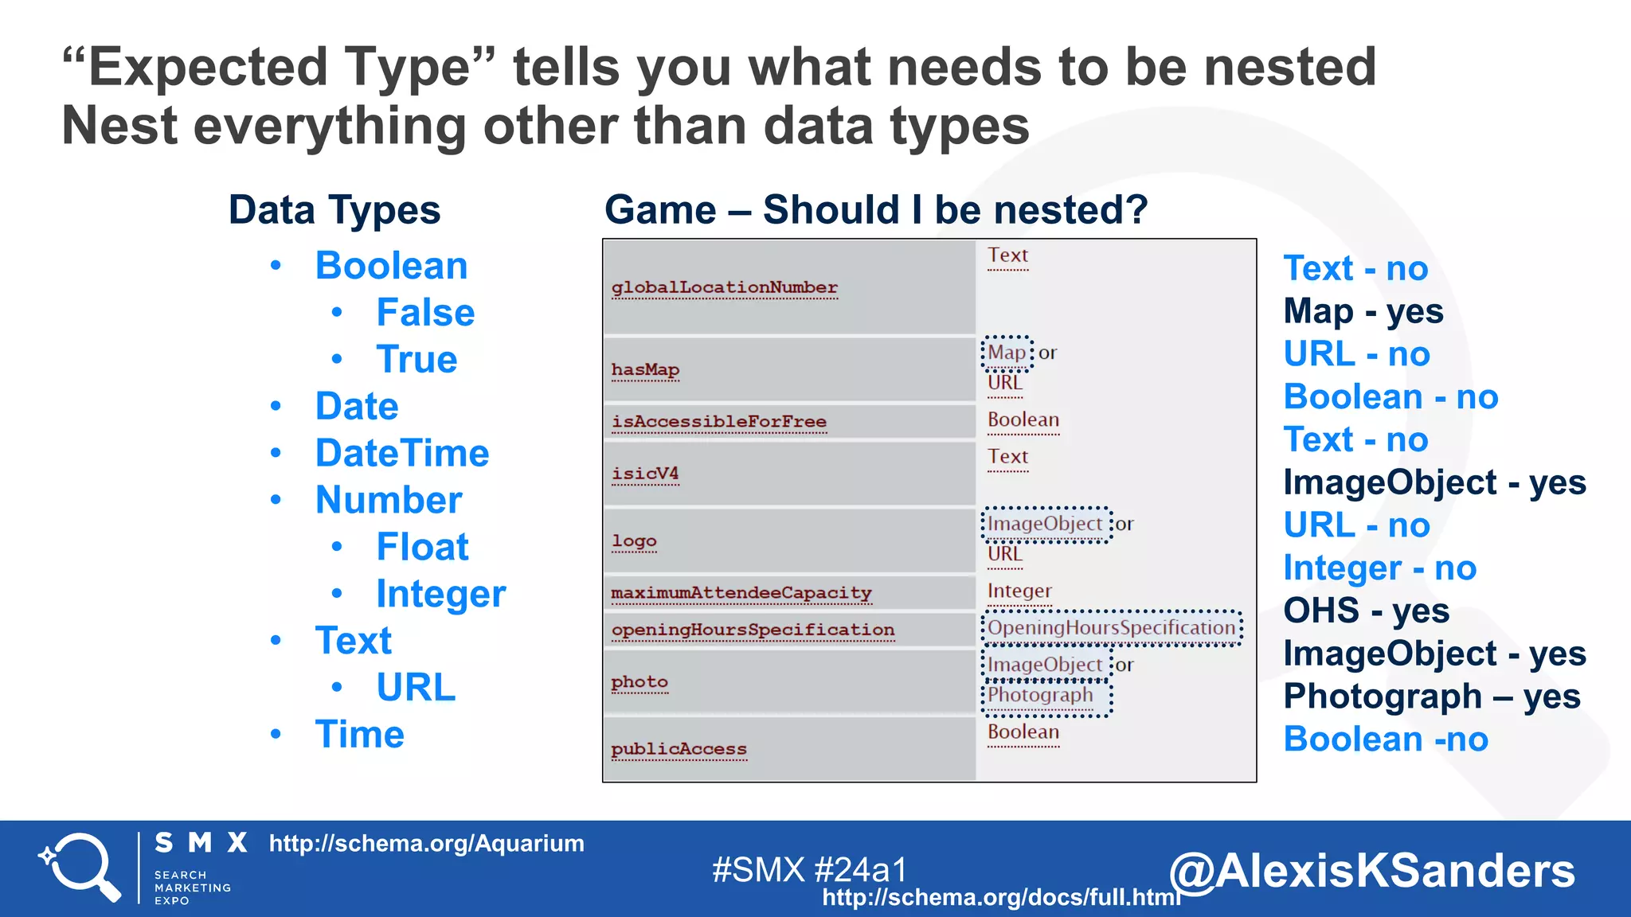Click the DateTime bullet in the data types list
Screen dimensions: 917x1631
pyautogui.click(x=401, y=454)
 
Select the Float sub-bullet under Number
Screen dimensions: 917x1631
pyautogui.click(x=422, y=548)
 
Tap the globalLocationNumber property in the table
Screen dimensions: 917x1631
pyautogui.click(x=724, y=287)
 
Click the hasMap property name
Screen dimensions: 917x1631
pyautogui.click(x=645, y=370)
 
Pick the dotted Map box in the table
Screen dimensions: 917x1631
pyautogui.click(x=1007, y=353)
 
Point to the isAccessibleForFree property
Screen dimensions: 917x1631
pyautogui.click(x=718, y=422)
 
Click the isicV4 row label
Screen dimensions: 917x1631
pyautogui.click(x=645, y=474)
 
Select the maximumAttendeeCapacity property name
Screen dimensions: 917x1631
pyautogui.click(x=741, y=593)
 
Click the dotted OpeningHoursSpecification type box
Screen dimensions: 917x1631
pyautogui.click(x=1111, y=628)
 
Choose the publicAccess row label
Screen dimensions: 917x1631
pyautogui.click(x=679, y=749)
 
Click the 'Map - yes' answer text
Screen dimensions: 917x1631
pyautogui.click(x=1363, y=311)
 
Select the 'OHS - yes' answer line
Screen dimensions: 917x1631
pyautogui.click(x=1365, y=611)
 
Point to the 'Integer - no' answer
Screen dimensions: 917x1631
pyautogui.click(x=1379, y=568)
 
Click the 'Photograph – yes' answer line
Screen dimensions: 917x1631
pyautogui.click(x=1431, y=697)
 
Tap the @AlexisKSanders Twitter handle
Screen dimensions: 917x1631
pyautogui.click(x=1371, y=871)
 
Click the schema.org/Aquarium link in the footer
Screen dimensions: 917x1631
pyautogui.click(x=426, y=844)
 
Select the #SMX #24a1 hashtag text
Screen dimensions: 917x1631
pyautogui.click(x=809, y=870)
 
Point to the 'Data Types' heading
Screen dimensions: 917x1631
pyautogui.click(x=334, y=210)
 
